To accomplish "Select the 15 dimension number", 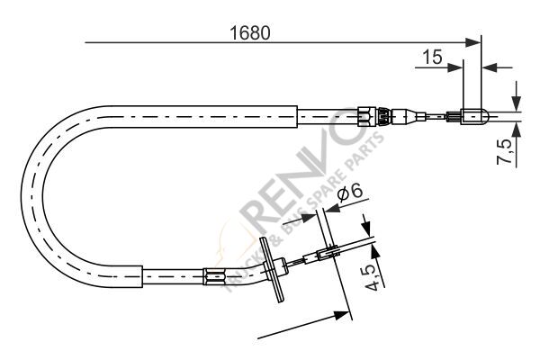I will (x=431, y=57).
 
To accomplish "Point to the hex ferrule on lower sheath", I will (x=214, y=276).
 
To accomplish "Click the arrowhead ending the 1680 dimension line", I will (x=476, y=41).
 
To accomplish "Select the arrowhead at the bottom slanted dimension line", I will (x=343, y=314).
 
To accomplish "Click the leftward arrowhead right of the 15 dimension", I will (x=490, y=66).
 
